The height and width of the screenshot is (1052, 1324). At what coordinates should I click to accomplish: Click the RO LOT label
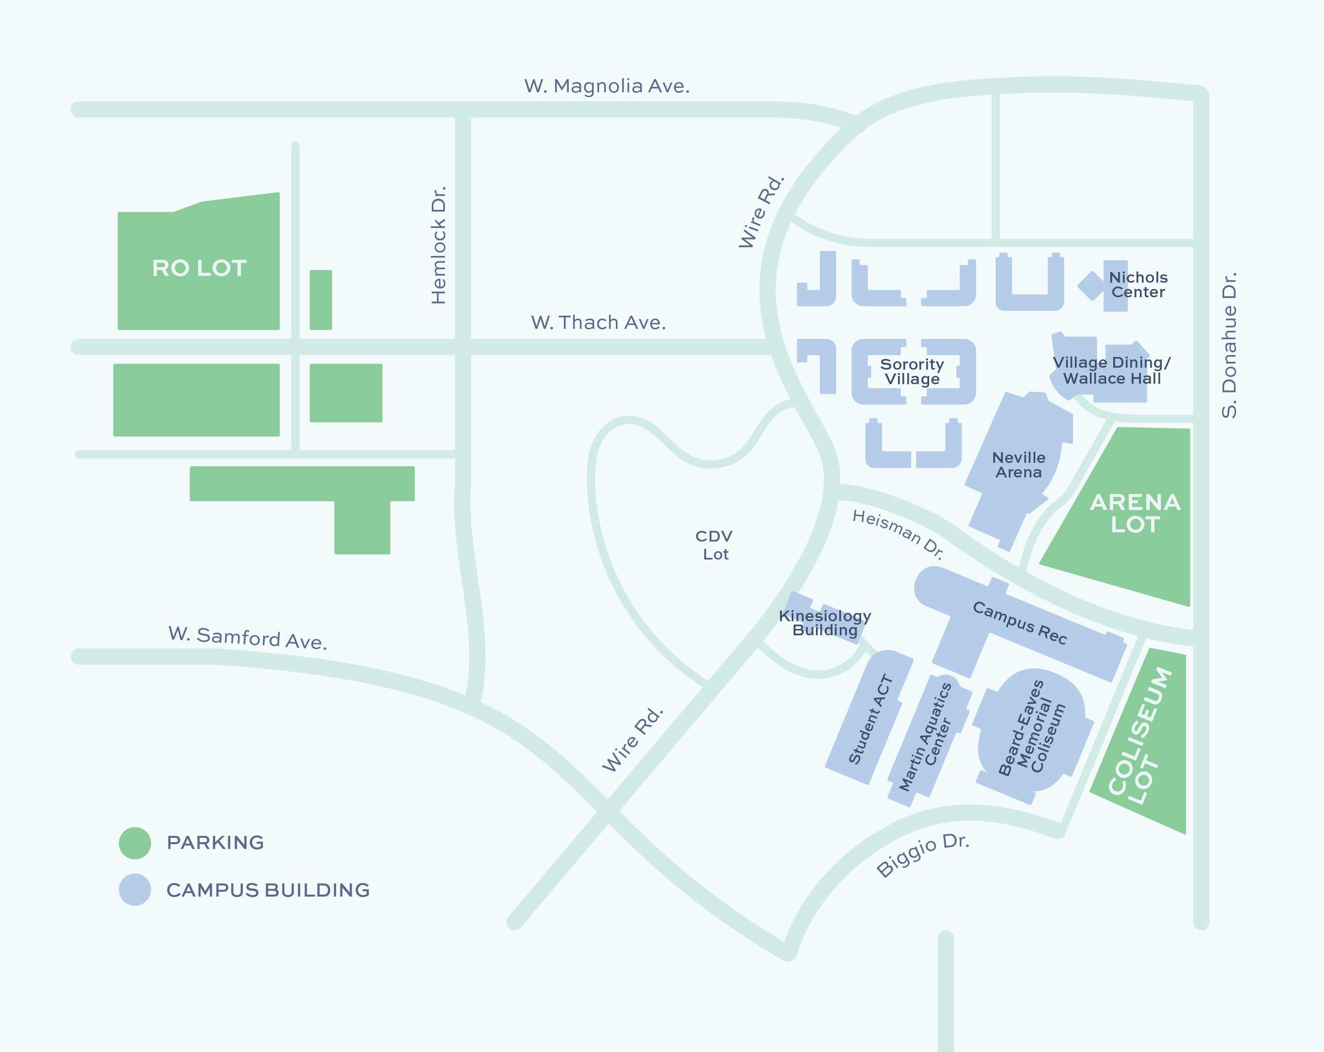coord(199,269)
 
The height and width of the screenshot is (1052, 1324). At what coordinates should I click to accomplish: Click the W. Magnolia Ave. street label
coord(606,86)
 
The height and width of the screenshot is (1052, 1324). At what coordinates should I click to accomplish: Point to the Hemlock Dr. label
coord(439,245)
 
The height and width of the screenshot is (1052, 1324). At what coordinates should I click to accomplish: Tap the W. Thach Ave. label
coord(598,322)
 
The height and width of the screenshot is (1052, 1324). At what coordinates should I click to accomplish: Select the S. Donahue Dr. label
coord(1229,345)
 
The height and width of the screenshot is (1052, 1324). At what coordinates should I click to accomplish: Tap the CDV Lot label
coord(714,545)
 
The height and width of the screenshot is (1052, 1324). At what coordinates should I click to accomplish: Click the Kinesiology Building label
coord(825,623)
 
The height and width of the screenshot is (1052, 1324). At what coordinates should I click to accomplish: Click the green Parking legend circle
coord(135,843)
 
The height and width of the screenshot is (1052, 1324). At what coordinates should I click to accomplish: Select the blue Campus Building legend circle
coord(135,889)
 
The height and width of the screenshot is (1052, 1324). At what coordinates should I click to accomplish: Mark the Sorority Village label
coord(912,372)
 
